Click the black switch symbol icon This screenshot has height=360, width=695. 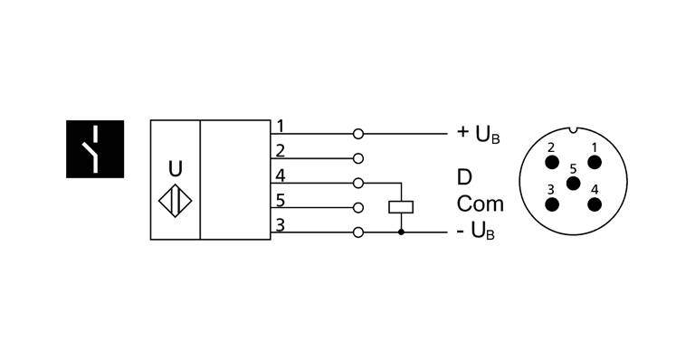pyautogui.click(x=94, y=147)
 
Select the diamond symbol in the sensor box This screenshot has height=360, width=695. pyautogui.click(x=175, y=201)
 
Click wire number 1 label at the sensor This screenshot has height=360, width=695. pyautogui.click(x=281, y=126)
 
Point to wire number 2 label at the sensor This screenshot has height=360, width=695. pyautogui.click(x=281, y=150)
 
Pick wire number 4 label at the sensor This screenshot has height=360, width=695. pyautogui.click(x=281, y=175)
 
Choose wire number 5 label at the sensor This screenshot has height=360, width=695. pyautogui.click(x=281, y=200)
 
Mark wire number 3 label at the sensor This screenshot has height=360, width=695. pyautogui.click(x=281, y=224)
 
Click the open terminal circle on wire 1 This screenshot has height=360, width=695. pyautogui.click(x=359, y=134)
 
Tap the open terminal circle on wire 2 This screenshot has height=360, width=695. pyautogui.click(x=359, y=158)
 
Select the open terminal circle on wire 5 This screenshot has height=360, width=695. pyautogui.click(x=359, y=207)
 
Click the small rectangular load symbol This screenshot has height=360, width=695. pyautogui.click(x=401, y=206)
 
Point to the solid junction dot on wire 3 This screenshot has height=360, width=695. pyautogui.click(x=401, y=232)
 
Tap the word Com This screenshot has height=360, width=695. pyautogui.click(x=480, y=204)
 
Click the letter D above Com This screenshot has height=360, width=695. pyautogui.click(x=464, y=176)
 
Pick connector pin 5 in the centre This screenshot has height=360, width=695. pyautogui.click(x=572, y=183)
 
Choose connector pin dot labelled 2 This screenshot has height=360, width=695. pyautogui.click(x=551, y=162)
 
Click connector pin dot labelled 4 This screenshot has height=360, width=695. pyautogui.click(x=594, y=204)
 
